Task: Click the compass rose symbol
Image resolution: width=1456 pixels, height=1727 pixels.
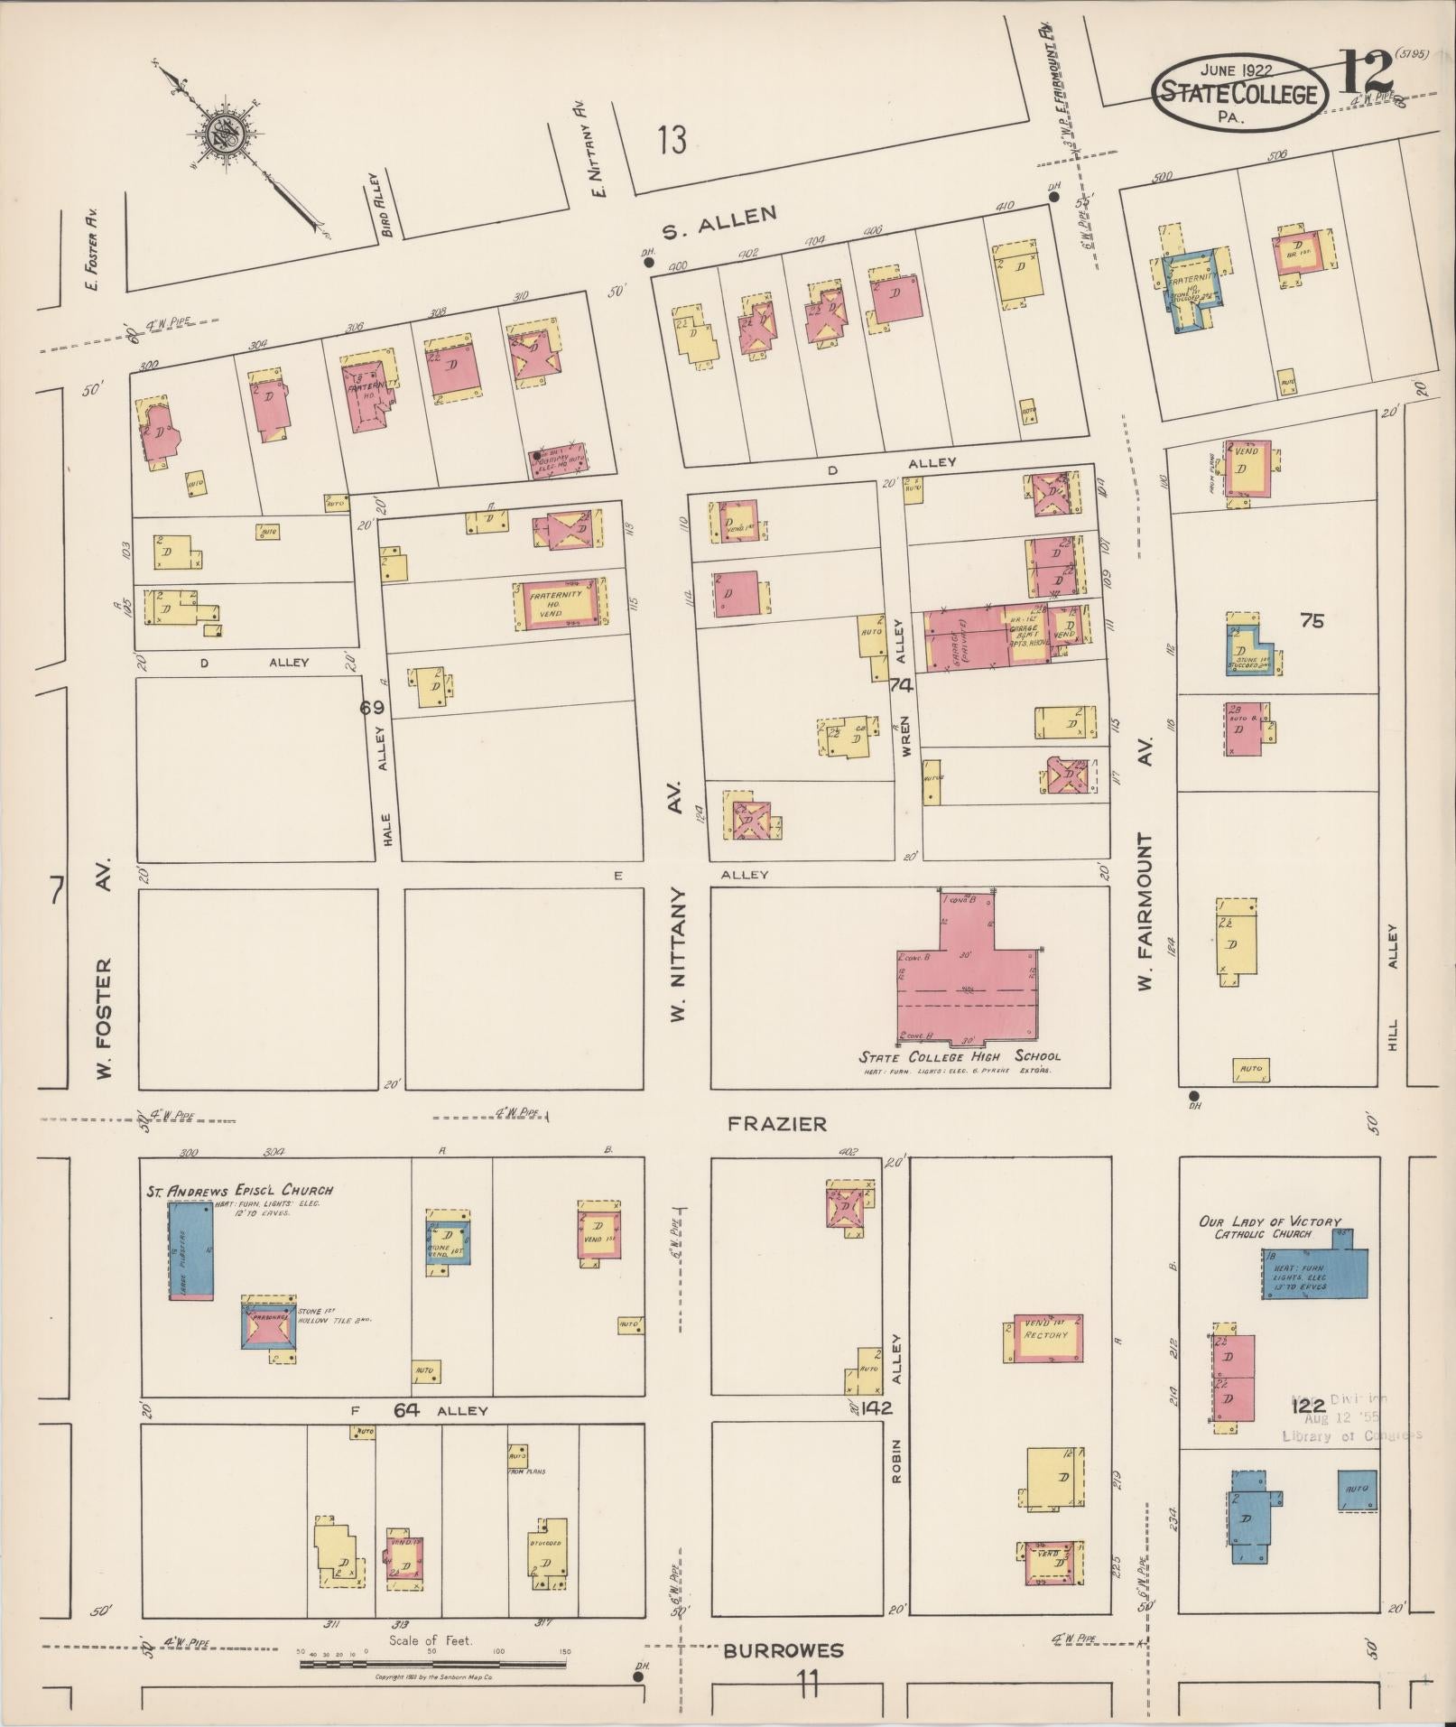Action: (x=224, y=135)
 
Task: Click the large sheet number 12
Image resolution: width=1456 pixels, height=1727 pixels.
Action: (x=1365, y=72)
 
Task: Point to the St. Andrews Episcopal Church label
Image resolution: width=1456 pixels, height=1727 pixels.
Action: (x=239, y=1191)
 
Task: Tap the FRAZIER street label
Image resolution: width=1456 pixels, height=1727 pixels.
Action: (x=777, y=1124)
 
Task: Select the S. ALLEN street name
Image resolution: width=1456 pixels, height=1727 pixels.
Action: (x=719, y=223)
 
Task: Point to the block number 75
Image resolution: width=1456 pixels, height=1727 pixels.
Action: (x=1312, y=620)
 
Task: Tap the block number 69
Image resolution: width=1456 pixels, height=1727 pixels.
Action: (x=372, y=708)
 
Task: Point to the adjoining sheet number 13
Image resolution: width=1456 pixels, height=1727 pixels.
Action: (x=672, y=140)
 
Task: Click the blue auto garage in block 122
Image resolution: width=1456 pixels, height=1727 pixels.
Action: (x=1357, y=1490)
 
